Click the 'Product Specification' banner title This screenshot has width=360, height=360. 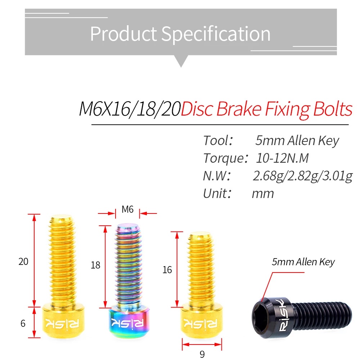click(x=180, y=34)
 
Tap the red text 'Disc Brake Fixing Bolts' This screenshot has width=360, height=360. click(x=266, y=109)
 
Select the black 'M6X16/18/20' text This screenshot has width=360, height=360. click(x=130, y=109)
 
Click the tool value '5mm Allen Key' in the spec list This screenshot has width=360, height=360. click(x=297, y=140)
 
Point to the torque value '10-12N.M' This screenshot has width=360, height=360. click(x=282, y=158)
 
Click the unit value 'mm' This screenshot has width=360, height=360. click(x=263, y=193)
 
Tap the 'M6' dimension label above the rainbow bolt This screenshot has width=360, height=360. click(x=128, y=209)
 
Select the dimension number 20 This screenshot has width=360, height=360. click(x=23, y=261)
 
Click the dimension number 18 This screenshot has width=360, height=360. click(x=95, y=265)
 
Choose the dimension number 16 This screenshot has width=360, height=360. click(x=167, y=270)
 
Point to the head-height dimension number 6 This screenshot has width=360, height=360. click(x=23, y=323)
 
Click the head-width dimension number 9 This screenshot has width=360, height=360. click(x=202, y=354)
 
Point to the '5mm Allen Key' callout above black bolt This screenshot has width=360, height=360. click(x=303, y=262)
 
